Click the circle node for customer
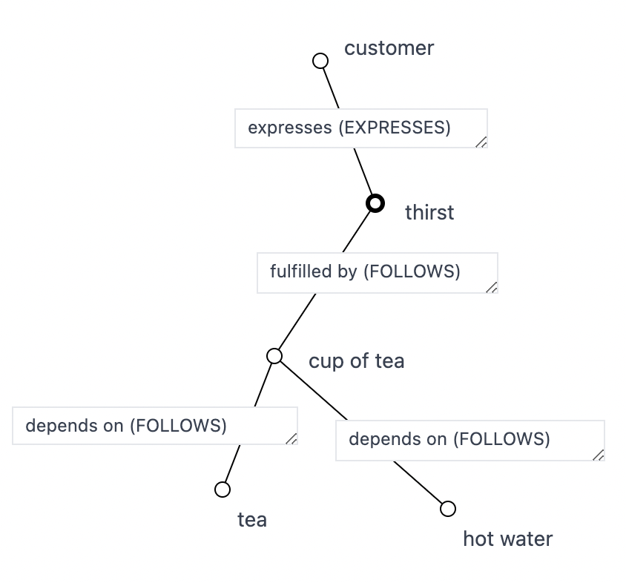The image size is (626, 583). [x=320, y=61]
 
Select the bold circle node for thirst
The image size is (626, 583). [x=376, y=203]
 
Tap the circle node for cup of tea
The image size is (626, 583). [x=274, y=356]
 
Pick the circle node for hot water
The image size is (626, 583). [x=448, y=508]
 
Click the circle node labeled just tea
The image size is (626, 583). [x=223, y=490]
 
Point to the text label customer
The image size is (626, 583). [x=389, y=48]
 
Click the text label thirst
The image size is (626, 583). [x=429, y=213]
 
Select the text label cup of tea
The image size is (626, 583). [x=357, y=361]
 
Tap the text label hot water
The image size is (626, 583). [x=507, y=538]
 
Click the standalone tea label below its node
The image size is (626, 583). [x=252, y=520]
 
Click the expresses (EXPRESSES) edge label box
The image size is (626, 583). [x=360, y=128]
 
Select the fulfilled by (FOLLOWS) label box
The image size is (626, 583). [x=377, y=273]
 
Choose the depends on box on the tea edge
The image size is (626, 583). [x=154, y=426]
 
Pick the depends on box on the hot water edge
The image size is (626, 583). [x=470, y=441]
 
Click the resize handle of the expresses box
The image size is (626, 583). [x=481, y=142]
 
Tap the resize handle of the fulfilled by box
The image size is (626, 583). [x=492, y=287]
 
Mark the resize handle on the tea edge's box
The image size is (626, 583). [x=291, y=438]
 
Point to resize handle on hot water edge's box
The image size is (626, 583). [x=599, y=455]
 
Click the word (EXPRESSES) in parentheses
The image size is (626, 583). [x=395, y=128]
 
